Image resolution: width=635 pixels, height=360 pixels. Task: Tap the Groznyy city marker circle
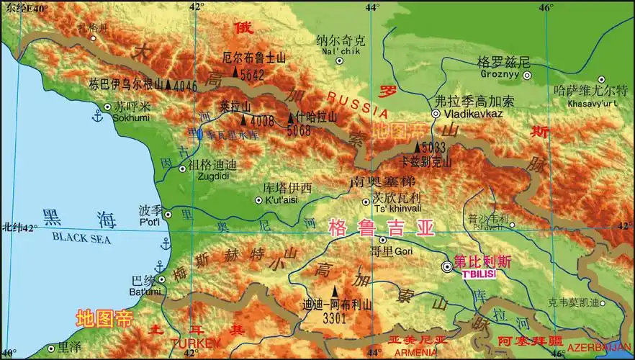pyautogui.click(x=528, y=75)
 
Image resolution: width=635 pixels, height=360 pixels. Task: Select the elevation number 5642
pyautogui.click(x=253, y=73)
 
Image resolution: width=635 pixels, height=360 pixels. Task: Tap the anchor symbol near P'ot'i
pyautogui.click(x=163, y=246)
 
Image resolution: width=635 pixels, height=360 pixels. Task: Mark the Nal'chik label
pyautogui.click(x=342, y=51)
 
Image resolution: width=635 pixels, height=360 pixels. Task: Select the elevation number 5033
pyautogui.click(x=436, y=148)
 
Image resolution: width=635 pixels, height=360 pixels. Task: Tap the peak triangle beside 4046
pyautogui.click(x=169, y=85)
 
